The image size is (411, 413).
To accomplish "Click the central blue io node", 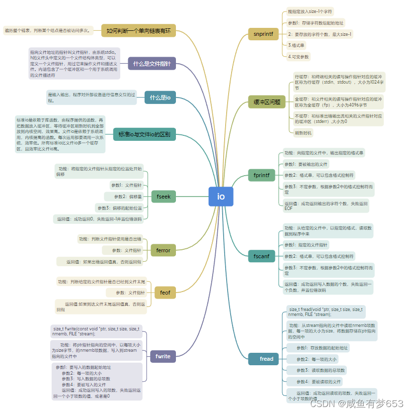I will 221,196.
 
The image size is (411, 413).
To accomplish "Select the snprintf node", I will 263,34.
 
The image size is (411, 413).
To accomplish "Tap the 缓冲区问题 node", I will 266,103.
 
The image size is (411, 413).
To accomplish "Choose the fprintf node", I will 261,175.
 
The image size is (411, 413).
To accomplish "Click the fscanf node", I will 261,256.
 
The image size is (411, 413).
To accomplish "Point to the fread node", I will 266,359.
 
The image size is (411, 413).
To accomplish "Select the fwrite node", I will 163,356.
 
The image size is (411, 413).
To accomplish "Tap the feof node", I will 165,292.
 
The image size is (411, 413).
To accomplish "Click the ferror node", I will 163,250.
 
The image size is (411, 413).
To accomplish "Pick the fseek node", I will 163,197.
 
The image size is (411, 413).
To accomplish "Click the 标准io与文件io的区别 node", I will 144,134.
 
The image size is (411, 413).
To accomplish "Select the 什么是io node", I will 160,98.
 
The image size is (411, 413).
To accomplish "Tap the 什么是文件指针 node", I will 151,64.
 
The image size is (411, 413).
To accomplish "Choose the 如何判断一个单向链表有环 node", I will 138,30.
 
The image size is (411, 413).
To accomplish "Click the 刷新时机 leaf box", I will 303,133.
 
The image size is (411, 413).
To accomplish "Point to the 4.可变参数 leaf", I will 298,57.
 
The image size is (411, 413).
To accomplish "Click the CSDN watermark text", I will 356,404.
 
